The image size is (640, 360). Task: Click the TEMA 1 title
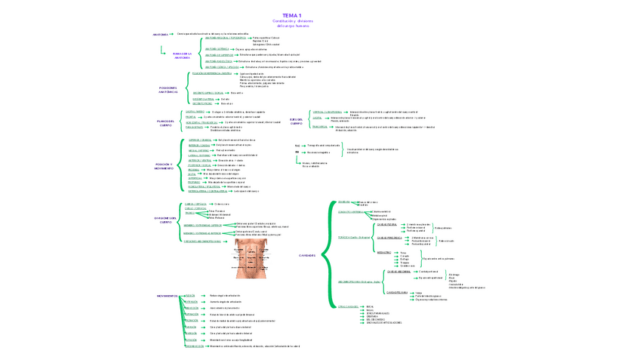coord(292,15)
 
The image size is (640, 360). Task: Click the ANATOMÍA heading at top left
coord(160,34)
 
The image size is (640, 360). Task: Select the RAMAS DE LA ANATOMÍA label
coord(182,56)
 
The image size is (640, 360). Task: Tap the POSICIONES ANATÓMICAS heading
coord(168,89)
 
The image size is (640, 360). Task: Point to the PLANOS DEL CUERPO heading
coord(165,123)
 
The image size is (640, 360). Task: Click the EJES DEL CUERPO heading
coord(296,121)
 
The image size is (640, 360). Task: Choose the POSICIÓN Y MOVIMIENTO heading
coord(164,165)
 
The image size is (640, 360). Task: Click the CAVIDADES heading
coord(307,255)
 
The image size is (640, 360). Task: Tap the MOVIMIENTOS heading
coord(167,296)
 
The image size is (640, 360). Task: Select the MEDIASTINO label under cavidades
coord(384,252)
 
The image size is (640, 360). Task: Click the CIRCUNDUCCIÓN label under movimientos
coord(194,346)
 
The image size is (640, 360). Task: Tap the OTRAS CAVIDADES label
coord(348,306)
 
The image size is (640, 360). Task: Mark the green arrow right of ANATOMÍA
coord(173,34)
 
